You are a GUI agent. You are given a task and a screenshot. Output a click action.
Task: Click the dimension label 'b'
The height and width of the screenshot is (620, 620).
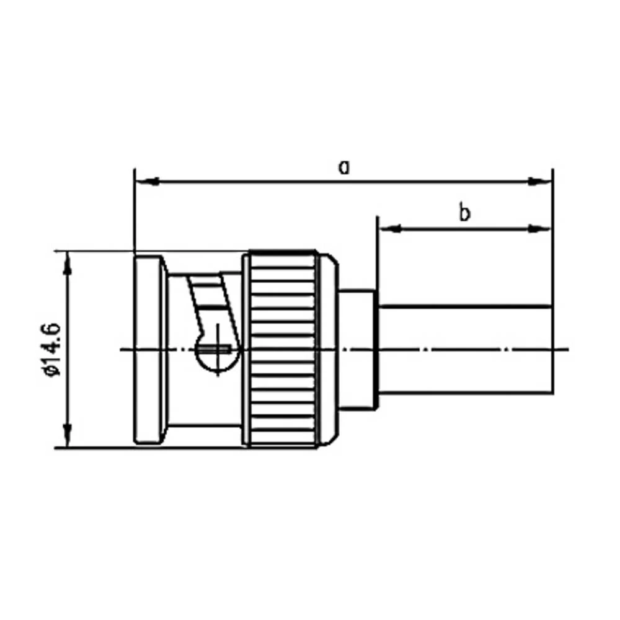click(464, 213)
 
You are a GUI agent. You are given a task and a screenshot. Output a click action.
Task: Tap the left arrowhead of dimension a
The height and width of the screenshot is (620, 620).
click(146, 182)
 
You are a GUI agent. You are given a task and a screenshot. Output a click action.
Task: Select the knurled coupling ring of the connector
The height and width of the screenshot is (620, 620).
click(281, 348)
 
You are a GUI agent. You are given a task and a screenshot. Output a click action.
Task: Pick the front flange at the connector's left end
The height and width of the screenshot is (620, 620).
click(149, 348)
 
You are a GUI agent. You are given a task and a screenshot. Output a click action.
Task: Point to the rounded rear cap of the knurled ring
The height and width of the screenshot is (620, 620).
click(329, 348)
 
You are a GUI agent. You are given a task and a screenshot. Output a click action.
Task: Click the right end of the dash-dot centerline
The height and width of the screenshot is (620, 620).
click(565, 350)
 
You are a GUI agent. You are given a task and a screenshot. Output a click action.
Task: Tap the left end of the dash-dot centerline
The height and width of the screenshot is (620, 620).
click(123, 350)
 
